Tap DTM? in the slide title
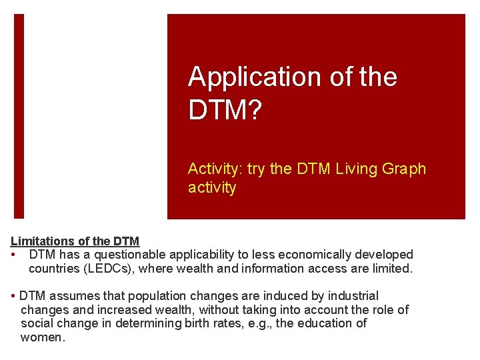pos(225,110)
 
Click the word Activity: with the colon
pos(215,169)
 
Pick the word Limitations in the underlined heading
pos(41,241)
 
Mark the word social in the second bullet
pos(39,323)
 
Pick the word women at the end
pos(41,337)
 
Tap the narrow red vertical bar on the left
pos(19,117)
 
